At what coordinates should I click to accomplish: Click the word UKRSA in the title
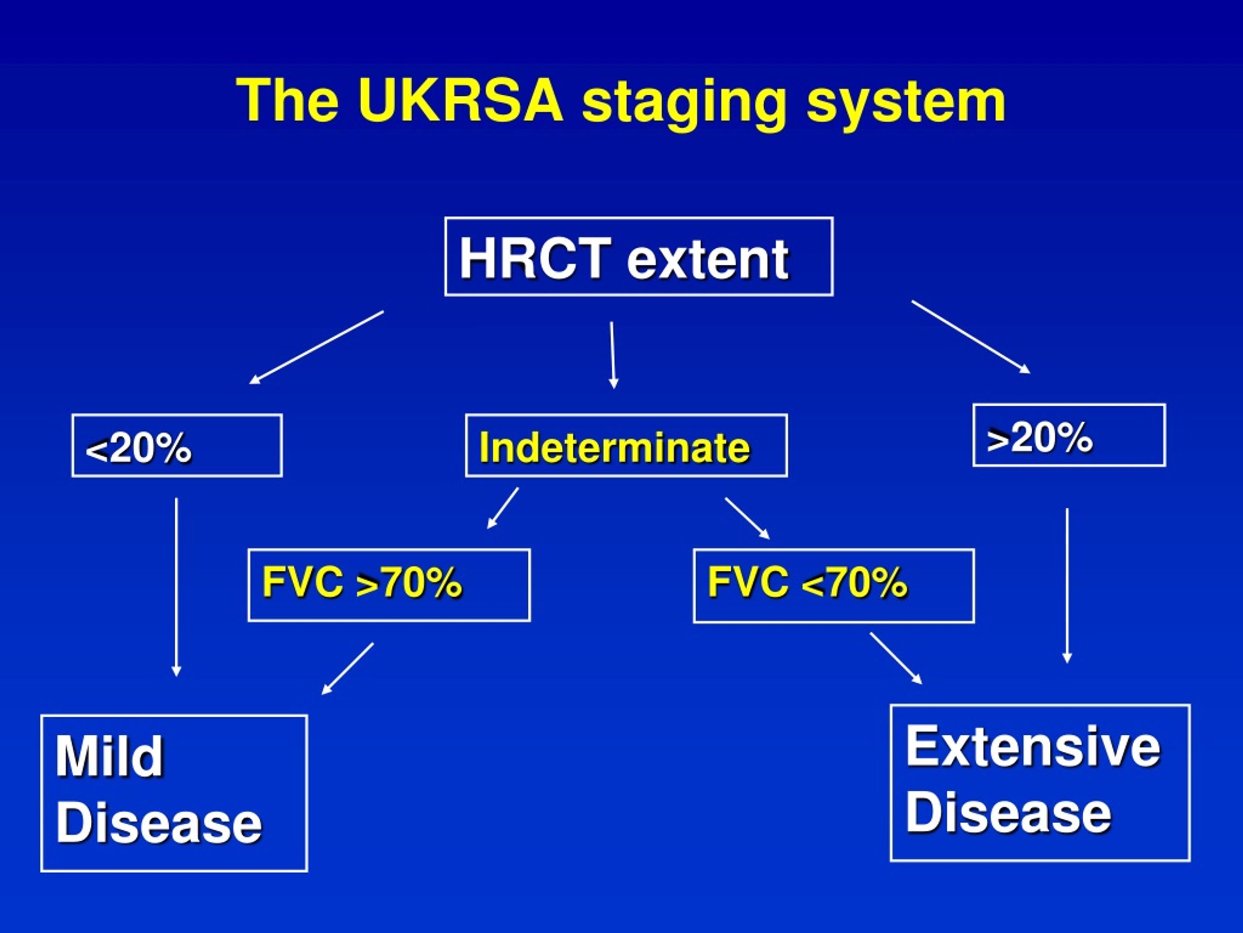coord(460,100)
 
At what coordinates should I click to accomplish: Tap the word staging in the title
coord(683,104)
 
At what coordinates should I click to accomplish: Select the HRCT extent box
coord(639,257)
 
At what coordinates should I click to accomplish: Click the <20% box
coord(177,446)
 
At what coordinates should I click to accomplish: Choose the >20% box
coord(1069,435)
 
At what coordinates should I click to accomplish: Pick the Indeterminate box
coord(626,446)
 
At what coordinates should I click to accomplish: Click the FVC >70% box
coord(389,585)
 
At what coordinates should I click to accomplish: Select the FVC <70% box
coord(834,586)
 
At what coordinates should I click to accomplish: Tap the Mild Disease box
coord(174,793)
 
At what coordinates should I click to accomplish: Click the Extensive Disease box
coord(1040,782)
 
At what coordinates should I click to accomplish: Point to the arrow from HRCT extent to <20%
coord(317,347)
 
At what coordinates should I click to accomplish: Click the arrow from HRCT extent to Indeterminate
coord(612,355)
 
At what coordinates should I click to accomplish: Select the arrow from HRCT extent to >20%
coord(971,337)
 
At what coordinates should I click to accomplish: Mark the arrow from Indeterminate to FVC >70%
coord(503,508)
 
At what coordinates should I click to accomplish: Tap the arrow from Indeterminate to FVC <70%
coord(747,518)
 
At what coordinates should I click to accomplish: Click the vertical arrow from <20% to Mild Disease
coord(176,587)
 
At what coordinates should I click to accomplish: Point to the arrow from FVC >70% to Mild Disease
coord(347,669)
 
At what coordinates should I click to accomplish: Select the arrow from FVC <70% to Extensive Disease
coord(896,658)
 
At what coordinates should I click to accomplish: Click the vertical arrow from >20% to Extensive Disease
coord(1067,586)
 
